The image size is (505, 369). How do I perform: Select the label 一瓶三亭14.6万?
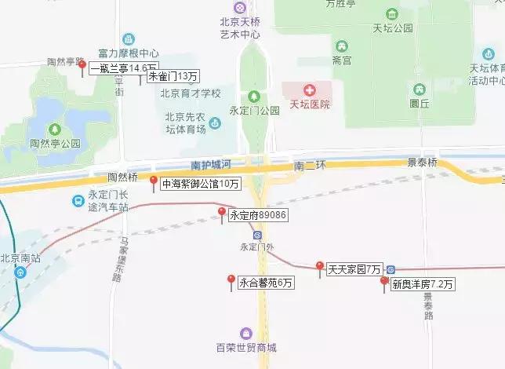[x=124, y=68]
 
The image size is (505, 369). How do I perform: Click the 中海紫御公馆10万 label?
[x=200, y=184]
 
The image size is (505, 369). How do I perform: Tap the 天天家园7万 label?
[x=354, y=269]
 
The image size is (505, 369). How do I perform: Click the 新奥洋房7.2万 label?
[x=423, y=285]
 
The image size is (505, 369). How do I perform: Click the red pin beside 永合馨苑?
[x=231, y=279]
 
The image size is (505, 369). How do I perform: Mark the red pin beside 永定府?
[x=222, y=212]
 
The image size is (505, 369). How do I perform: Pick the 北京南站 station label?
[x=16, y=257]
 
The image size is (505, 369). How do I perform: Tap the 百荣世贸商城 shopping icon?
[x=247, y=334]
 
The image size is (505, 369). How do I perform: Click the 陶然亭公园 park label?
[x=55, y=144]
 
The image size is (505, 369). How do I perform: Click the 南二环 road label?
[x=310, y=166]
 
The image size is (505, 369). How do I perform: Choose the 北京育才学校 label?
[x=191, y=93]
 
